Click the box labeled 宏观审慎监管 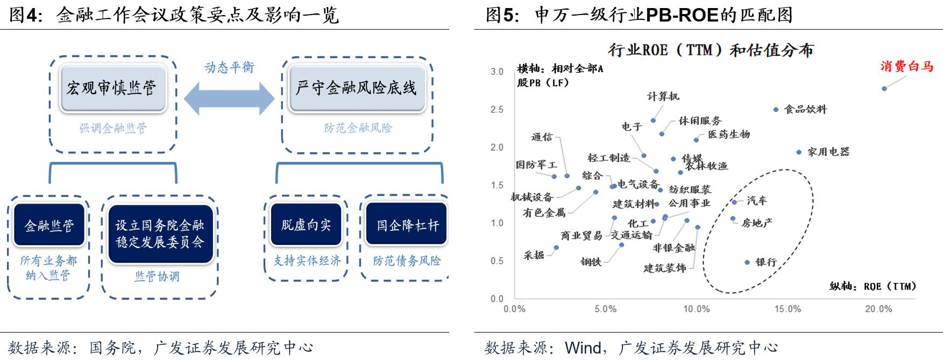pyautogui.click(x=112, y=88)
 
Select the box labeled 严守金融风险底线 pyautogui.click(x=357, y=88)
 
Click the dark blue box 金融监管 pyautogui.click(x=49, y=225)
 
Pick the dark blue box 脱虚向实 pyautogui.click(x=306, y=224)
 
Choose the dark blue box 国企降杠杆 pyautogui.click(x=407, y=225)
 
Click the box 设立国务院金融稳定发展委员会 pyautogui.click(x=160, y=234)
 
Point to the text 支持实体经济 pyautogui.click(x=307, y=261)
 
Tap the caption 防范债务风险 pyautogui.click(x=407, y=261)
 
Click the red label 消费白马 pyautogui.click(x=906, y=66)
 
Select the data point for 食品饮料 pyautogui.click(x=776, y=109)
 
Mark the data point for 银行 pyautogui.click(x=747, y=263)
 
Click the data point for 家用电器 pyautogui.click(x=799, y=152)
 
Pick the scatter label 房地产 pyautogui.click(x=757, y=223)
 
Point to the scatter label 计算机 pyautogui.click(x=663, y=96)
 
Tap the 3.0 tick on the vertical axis pyautogui.click(x=497, y=72)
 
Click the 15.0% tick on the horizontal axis pyautogui.click(x=788, y=309)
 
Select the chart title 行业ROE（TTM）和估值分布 pyautogui.click(x=711, y=50)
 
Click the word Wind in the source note pyautogui.click(x=583, y=348)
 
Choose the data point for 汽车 pyautogui.click(x=734, y=202)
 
